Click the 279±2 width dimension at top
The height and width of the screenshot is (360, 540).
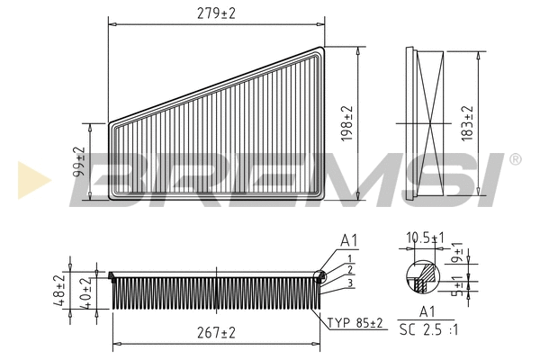point(216,12)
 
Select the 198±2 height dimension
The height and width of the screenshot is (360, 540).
point(348,124)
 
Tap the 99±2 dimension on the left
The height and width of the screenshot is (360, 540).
point(79,163)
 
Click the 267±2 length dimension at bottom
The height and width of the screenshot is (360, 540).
point(216,332)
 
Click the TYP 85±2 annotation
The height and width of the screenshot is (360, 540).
point(354,322)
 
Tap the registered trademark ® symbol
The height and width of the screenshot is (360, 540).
point(515,159)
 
